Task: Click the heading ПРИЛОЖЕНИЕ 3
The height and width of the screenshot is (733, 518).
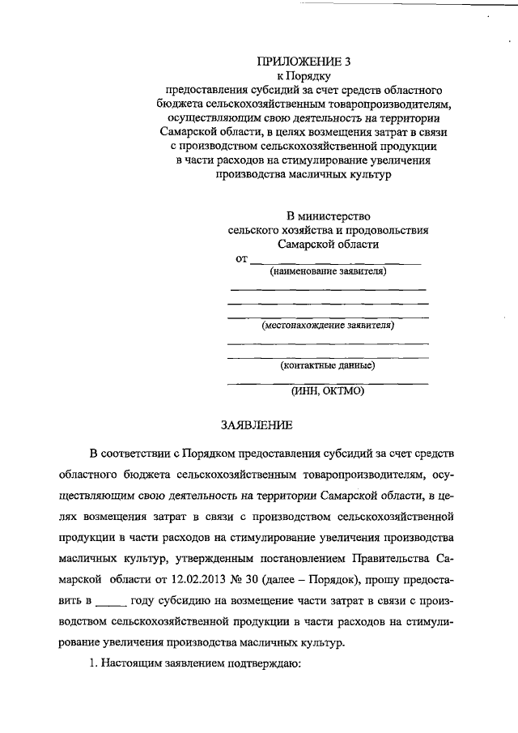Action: point(304,61)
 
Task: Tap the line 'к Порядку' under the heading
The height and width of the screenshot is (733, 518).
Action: point(304,75)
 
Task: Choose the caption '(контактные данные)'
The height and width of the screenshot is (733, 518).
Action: point(328,364)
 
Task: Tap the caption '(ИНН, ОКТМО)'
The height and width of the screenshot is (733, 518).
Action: point(328,392)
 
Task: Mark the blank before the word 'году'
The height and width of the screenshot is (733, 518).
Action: point(111,601)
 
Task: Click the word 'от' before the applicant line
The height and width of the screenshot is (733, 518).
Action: point(240,258)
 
